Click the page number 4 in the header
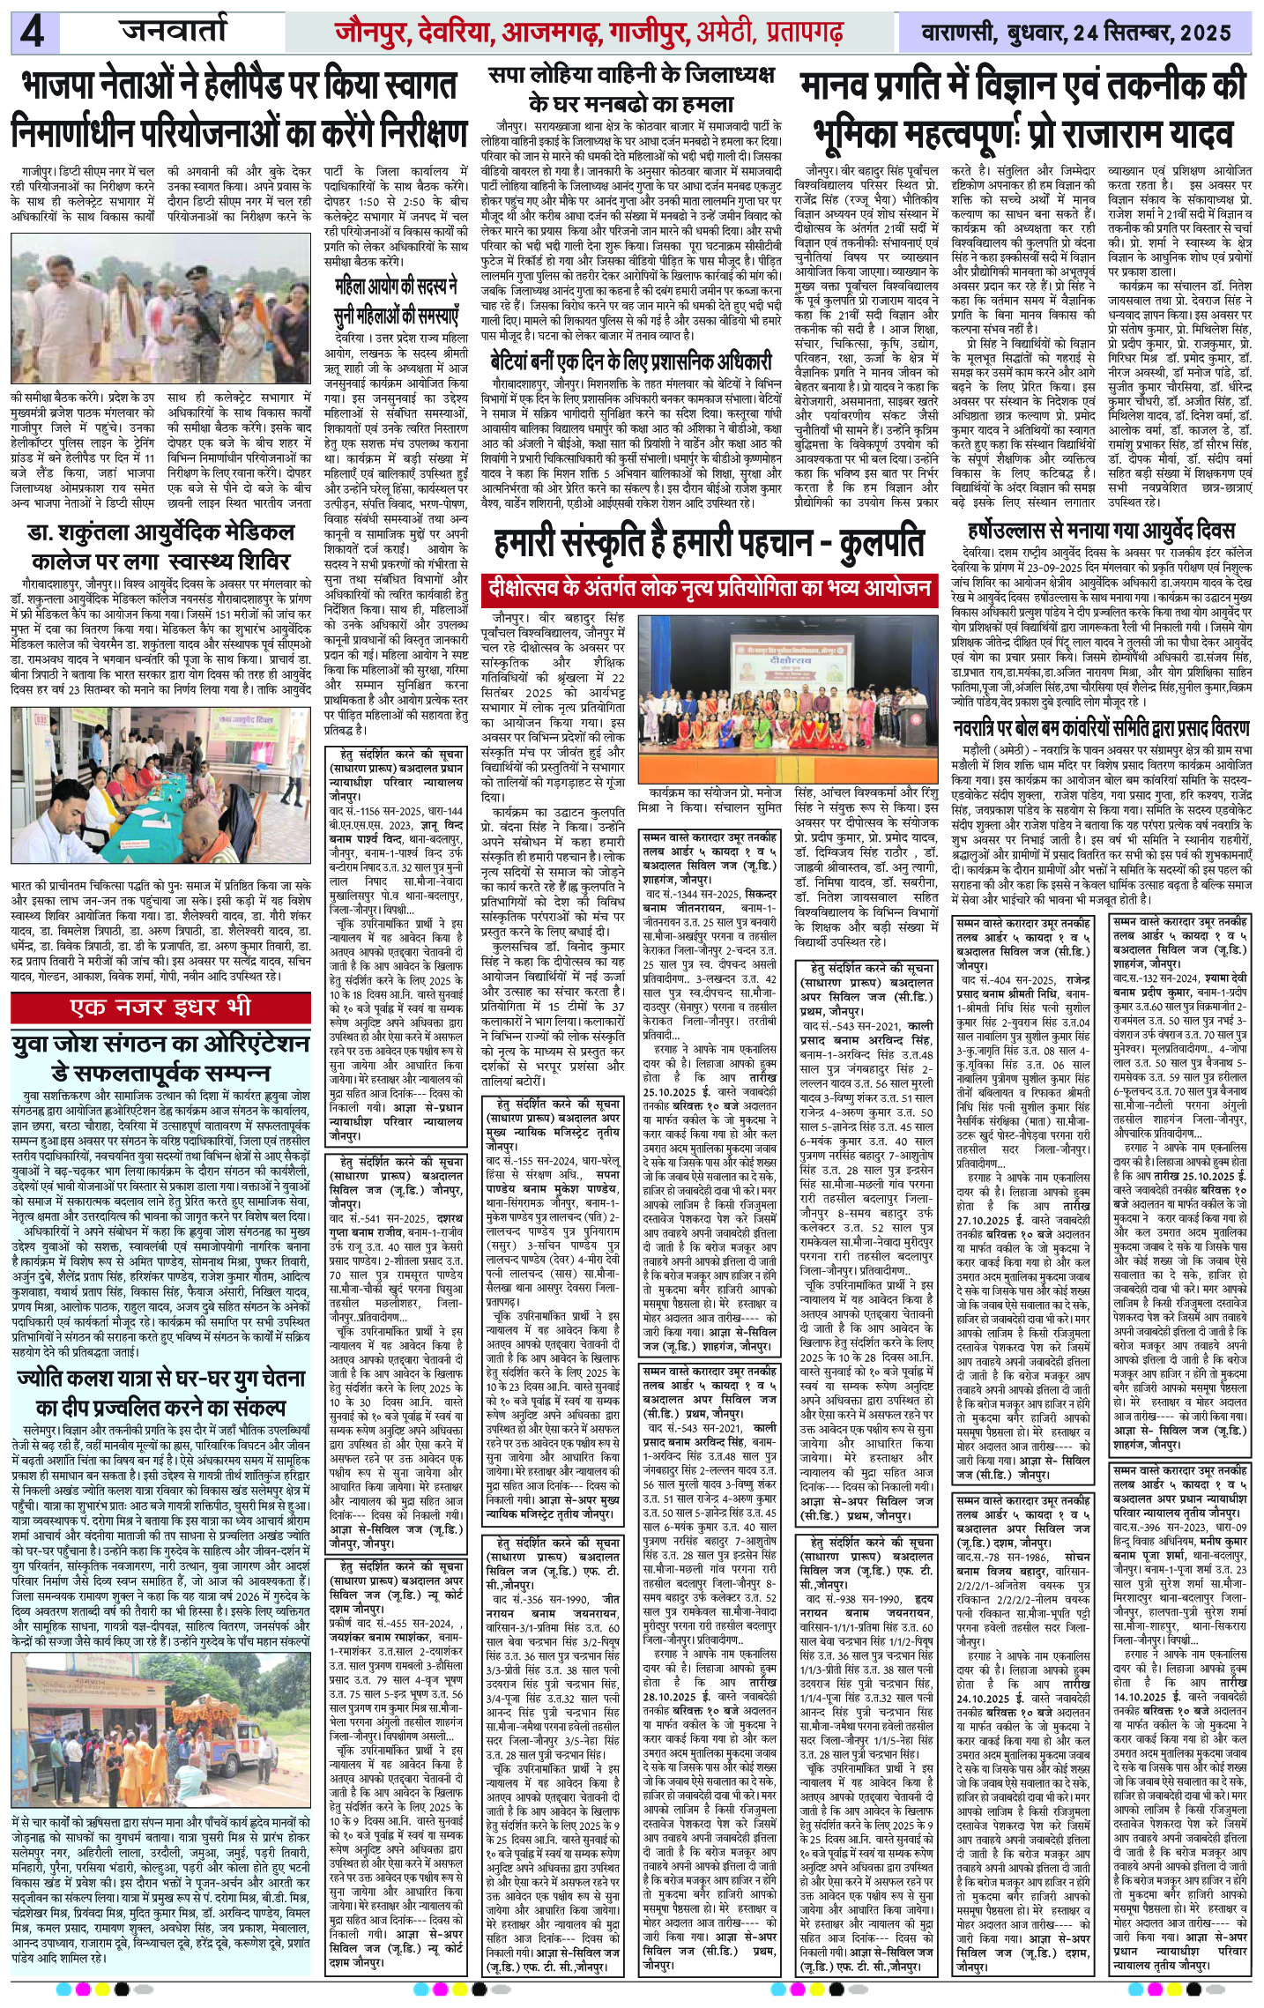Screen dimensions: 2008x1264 (x=33, y=33)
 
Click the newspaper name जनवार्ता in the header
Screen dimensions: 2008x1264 (x=175, y=32)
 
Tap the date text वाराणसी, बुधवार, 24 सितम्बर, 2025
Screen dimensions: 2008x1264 (x=1075, y=33)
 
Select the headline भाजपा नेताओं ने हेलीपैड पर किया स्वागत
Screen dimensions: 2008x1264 (x=239, y=86)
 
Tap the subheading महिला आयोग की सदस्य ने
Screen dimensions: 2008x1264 (x=396, y=286)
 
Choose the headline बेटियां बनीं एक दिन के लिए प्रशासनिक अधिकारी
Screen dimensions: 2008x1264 (x=631, y=361)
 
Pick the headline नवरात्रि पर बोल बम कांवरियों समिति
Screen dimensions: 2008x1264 (x=1101, y=728)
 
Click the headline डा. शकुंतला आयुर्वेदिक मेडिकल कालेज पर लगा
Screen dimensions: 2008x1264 (x=160, y=547)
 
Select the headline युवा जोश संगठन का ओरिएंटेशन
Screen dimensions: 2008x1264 (x=160, y=1058)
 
